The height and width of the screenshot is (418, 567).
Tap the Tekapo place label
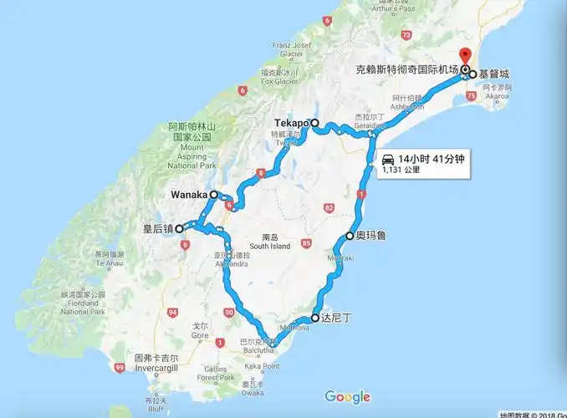292,123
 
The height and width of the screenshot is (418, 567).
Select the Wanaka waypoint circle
214,195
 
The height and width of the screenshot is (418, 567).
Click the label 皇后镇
158,227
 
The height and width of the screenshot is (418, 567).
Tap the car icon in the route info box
387,158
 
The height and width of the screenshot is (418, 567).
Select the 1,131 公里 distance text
401,170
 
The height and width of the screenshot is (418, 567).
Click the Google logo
347,396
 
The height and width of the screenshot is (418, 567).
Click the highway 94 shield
172,312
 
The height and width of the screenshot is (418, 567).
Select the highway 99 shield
120,367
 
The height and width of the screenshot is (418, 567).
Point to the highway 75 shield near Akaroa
472,96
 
